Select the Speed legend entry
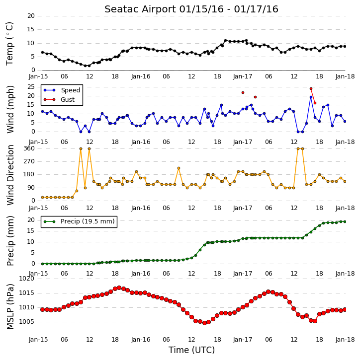[x=62, y=90]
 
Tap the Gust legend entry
[x=59, y=100]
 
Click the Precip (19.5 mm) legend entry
[x=79, y=221]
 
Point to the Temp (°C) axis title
[x=9, y=44]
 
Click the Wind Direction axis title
[x=10, y=175]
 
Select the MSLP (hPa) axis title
[x=10, y=306]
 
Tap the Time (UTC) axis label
[x=191, y=350]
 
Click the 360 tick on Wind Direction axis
[x=29, y=148]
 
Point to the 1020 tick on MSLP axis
[x=27, y=279]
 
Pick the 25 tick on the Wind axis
[x=31, y=87]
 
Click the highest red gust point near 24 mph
[x=311, y=88]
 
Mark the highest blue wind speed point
[x=311, y=97]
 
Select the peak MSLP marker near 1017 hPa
[x=119, y=288]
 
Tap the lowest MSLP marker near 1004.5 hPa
[x=204, y=323]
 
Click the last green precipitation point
[x=345, y=221]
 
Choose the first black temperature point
[x=43, y=52]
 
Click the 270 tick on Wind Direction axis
[x=29, y=161]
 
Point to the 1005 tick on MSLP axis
[x=27, y=322]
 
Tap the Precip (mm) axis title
[x=10, y=241]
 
